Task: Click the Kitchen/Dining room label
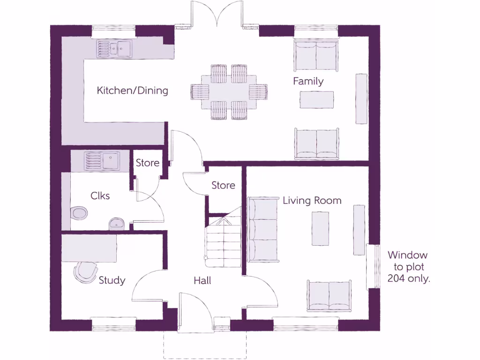pos(132,90)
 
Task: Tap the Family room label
pos(308,81)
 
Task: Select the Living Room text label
pos(312,201)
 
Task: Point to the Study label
pos(112,280)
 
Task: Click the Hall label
pos(202,281)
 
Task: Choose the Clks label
pos(100,195)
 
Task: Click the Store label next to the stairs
pos(223,185)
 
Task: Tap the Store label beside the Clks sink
pos(147,163)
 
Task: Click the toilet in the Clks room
pos(80,213)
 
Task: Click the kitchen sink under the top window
pos(114,49)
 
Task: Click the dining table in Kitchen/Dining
pos(229,91)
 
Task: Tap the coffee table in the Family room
pos(317,99)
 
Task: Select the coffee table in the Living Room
pos(320,228)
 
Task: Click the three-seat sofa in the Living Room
pos(263,230)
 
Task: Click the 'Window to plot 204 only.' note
pos(408,267)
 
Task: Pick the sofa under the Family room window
pos(316,56)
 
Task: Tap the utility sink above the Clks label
pos(102,161)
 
